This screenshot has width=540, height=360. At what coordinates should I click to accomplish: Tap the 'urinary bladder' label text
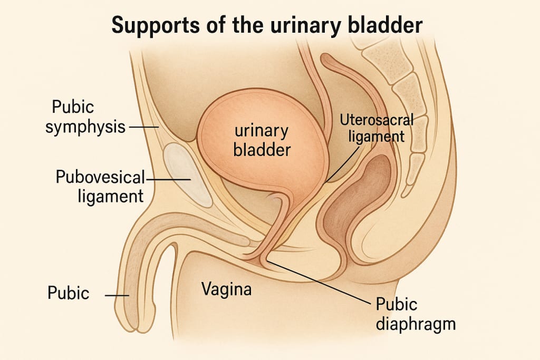(x=255, y=140)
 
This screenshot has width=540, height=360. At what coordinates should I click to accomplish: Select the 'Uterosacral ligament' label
(x=376, y=128)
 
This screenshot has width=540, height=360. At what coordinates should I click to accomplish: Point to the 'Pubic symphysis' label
(x=85, y=116)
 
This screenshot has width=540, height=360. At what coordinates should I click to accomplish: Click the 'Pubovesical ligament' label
(x=100, y=186)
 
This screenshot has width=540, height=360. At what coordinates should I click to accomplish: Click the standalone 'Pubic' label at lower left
(x=68, y=293)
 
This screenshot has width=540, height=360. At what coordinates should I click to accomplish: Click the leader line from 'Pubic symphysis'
(x=143, y=127)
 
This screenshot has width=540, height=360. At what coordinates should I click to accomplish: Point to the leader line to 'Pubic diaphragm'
(x=316, y=283)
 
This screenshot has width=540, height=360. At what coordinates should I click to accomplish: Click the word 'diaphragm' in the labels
(x=415, y=322)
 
